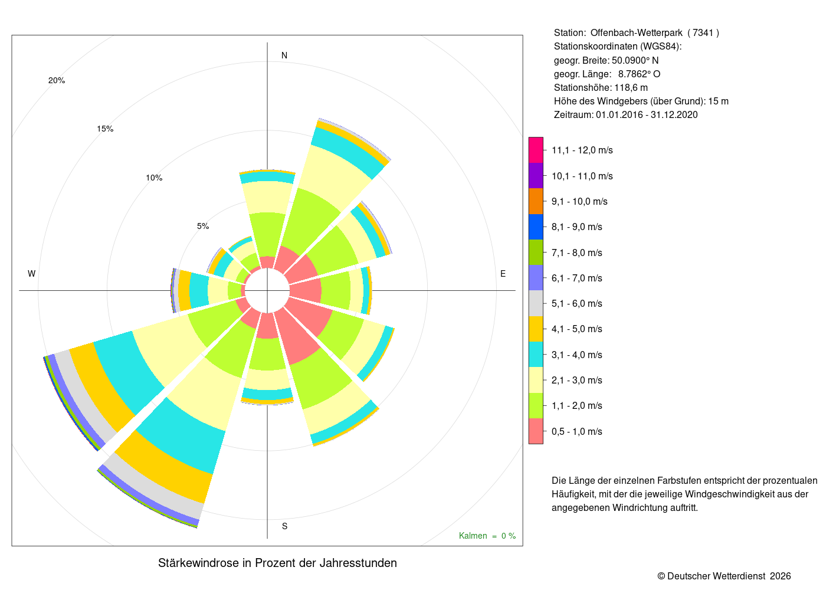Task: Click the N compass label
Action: [284, 55]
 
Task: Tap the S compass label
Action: [284, 526]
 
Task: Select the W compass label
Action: [32, 274]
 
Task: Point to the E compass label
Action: [503, 274]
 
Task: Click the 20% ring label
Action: [57, 80]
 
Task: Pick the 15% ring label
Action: [105, 129]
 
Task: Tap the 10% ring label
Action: [154, 178]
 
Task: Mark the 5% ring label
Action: [203, 226]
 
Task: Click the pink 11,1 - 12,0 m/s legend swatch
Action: [536, 150]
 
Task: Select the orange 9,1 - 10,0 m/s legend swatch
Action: [536, 201]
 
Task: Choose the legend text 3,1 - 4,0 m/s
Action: [577, 355]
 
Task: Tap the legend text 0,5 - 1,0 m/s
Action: [577, 431]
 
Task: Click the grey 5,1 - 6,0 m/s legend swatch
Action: [536, 303]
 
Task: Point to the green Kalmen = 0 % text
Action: [487, 536]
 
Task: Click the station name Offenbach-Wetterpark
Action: [637, 33]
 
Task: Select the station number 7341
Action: [703, 33]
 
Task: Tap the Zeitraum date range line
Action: [626, 114]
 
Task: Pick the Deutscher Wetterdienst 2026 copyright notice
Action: [724, 576]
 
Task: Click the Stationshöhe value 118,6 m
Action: [631, 87]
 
